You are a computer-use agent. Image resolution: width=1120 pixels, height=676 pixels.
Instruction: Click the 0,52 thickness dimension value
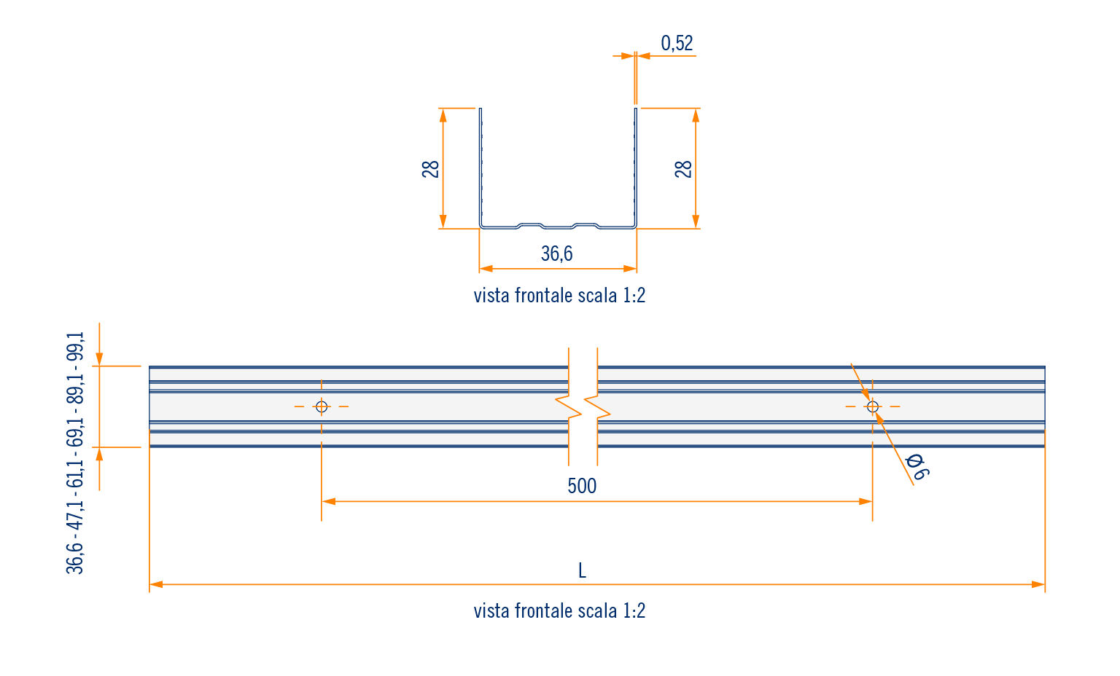point(677,44)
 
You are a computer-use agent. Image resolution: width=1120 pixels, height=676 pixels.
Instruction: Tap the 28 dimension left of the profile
point(431,169)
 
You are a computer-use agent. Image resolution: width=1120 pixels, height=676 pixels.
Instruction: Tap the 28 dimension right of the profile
point(683,169)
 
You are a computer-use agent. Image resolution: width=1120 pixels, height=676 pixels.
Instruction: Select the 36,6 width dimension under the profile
point(557,253)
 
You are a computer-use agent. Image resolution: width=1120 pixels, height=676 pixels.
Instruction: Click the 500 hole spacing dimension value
point(582,486)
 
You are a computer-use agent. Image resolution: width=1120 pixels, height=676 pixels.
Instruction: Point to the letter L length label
point(582,570)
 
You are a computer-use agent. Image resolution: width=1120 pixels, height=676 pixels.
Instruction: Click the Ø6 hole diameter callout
point(916,467)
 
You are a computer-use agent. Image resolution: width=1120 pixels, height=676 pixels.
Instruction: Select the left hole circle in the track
point(322,406)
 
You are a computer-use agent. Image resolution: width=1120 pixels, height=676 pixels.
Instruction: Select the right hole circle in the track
point(873,406)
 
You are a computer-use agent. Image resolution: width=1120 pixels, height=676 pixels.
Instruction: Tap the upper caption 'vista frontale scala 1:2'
point(559,296)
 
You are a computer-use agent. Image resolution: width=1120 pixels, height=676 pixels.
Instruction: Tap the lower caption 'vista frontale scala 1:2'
point(559,610)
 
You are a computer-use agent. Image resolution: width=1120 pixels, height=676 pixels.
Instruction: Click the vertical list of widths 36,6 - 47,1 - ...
point(76,452)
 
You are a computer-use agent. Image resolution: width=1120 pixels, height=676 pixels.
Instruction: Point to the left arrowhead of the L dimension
point(155,584)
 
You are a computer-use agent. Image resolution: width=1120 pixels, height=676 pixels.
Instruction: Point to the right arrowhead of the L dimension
point(1039,584)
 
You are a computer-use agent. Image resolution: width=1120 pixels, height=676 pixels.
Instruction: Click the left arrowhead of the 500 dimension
point(328,501)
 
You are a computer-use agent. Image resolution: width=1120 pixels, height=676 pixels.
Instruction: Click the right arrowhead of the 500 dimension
point(866,501)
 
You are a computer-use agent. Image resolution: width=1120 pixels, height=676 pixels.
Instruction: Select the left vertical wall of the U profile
point(480,168)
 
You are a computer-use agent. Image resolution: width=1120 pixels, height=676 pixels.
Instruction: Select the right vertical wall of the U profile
point(636,168)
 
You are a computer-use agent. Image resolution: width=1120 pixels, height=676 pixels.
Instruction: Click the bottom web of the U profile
point(558,226)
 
